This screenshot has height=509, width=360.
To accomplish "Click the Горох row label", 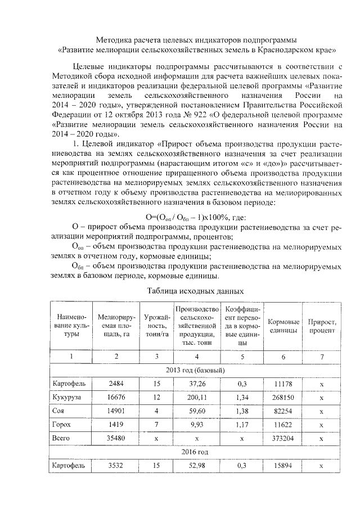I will tap(60, 425).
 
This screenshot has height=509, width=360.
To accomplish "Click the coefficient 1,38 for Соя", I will tap(242, 411).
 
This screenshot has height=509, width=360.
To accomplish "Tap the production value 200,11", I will tap(196, 397).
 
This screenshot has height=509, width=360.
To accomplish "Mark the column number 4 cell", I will tap(196, 357).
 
